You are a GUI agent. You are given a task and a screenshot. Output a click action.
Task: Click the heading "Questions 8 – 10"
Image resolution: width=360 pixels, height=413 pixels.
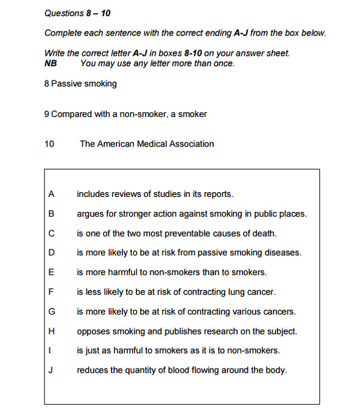tap(77, 13)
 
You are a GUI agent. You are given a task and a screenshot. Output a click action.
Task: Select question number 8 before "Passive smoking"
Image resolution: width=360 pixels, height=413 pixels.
tap(46, 84)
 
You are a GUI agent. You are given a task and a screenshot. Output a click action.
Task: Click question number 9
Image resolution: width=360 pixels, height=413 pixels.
tap(46, 114)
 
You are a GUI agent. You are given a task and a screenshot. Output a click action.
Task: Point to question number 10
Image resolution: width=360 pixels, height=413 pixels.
tap(49, 144)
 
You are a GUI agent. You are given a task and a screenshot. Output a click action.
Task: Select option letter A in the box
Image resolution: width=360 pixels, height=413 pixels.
tap(51, 194)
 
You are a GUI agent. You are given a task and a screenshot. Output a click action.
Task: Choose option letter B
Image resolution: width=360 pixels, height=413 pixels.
tap(51, 214)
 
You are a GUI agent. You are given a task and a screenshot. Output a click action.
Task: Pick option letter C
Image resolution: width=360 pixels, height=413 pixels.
tap(51, 234)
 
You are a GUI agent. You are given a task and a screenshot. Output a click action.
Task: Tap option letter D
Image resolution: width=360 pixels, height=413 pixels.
tap(51, 253)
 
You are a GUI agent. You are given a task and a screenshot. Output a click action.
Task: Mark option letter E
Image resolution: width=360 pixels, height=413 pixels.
tap(51, 273)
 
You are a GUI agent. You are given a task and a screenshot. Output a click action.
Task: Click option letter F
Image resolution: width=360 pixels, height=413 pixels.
tap(51, 292)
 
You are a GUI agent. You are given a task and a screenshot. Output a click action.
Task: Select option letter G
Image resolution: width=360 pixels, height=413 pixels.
tap(52, 312)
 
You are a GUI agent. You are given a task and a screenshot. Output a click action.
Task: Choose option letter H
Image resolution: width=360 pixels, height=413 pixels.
tap(51, 331)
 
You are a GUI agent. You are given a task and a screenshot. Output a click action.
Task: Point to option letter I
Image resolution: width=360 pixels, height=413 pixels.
tap(51, 351)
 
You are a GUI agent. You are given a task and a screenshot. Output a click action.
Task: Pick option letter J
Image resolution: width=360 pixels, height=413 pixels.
tap(51, 370)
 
